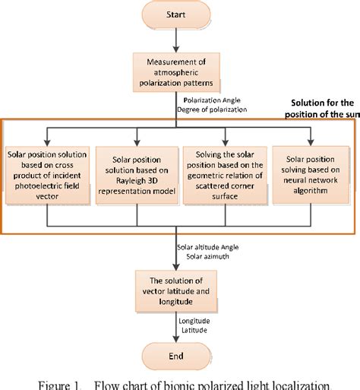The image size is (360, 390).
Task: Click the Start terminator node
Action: (177, 13)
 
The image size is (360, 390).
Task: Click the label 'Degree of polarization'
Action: (213, 109)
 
